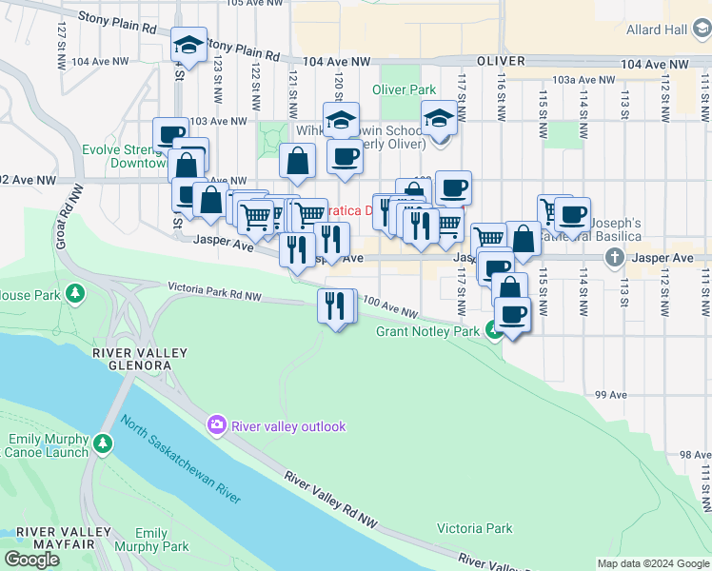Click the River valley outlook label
click(x=287, y=426)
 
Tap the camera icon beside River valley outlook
click(x=218, y=424)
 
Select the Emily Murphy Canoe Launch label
click(x=48, y=445)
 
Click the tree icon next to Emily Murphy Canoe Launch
click(x=103, y=443)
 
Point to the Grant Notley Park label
click(x=428, y=331)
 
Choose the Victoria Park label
click(x=474, y=528)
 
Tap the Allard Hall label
click(x=657, y=30)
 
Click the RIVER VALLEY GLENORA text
click(x=140, y=361)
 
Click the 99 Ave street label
click(x=610, y=394)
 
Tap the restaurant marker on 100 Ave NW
click(x=335, y=305)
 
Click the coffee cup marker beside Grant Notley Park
click(x=513, y=314)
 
